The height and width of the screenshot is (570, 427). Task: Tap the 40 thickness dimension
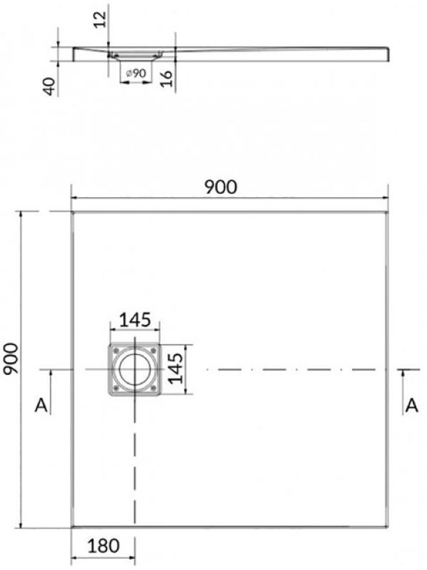point(50,86)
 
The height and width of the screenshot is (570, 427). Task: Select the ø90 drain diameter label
point(135,73)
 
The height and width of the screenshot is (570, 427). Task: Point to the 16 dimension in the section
point(166,78)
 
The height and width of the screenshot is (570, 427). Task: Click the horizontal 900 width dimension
point(220,187)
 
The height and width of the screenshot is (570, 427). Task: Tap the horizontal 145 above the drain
point(135,320)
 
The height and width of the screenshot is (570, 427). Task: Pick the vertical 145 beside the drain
point(175,368)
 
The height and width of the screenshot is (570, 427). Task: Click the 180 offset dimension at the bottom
point(103,546)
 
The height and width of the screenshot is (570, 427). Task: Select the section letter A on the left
point(41,405)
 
